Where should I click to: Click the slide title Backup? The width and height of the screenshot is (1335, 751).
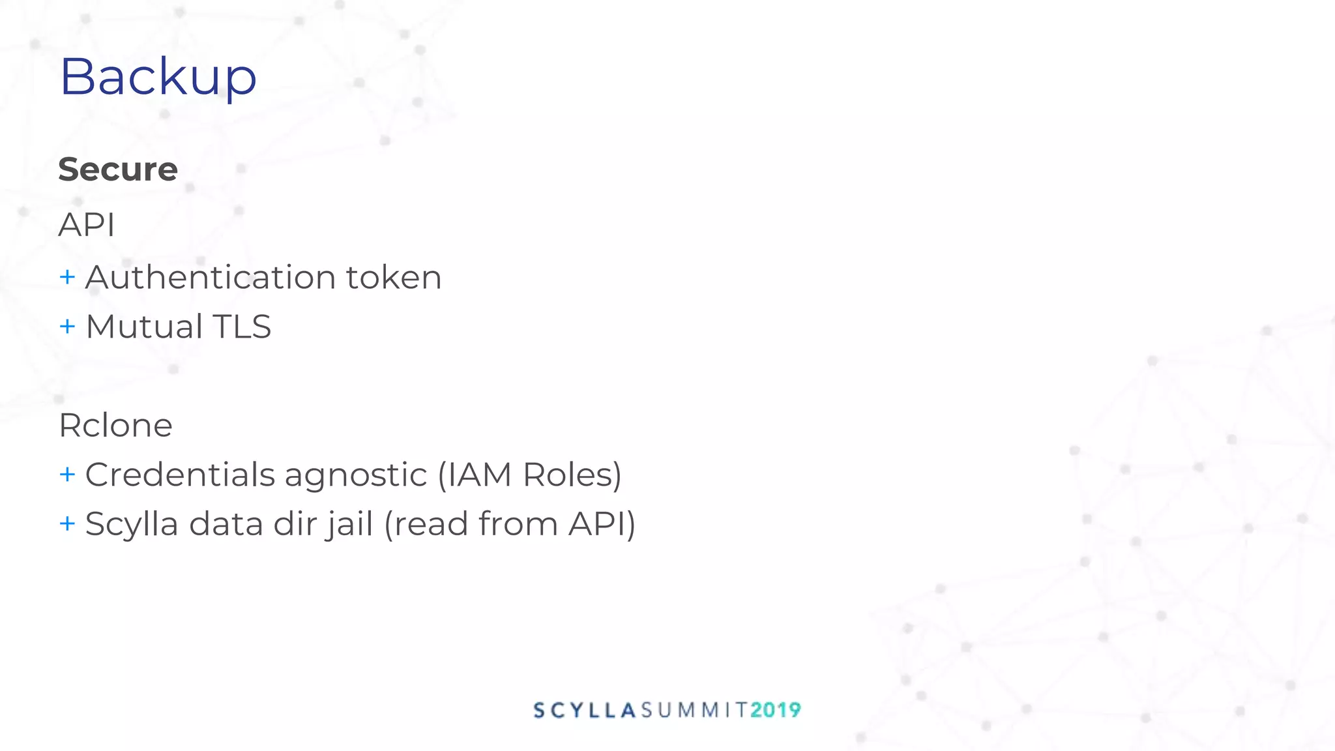(158, 77)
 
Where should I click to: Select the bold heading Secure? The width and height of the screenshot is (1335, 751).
(118, 169)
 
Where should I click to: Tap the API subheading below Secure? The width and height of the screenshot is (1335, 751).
(87, 225)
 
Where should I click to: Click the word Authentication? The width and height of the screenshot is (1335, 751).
(209, 277)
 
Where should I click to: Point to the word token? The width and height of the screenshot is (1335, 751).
(394, 277)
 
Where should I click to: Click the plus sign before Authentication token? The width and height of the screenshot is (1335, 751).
(67, 277)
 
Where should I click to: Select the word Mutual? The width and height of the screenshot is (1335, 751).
(144, 326)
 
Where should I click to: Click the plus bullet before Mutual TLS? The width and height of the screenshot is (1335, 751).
(67, 326)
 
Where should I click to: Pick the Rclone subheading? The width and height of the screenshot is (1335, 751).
(115, 425)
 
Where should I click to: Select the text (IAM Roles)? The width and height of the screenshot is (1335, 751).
(529, 474)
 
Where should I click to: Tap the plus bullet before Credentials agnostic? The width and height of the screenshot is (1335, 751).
(67, 474)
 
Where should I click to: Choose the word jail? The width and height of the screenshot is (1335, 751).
(349, 525)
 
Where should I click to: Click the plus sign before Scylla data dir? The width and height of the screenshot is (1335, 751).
(67, 523)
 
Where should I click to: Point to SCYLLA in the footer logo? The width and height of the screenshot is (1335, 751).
(585, 710)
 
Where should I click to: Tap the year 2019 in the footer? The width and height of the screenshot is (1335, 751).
(776, 710)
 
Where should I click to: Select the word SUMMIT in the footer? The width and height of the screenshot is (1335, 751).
(694, 710)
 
